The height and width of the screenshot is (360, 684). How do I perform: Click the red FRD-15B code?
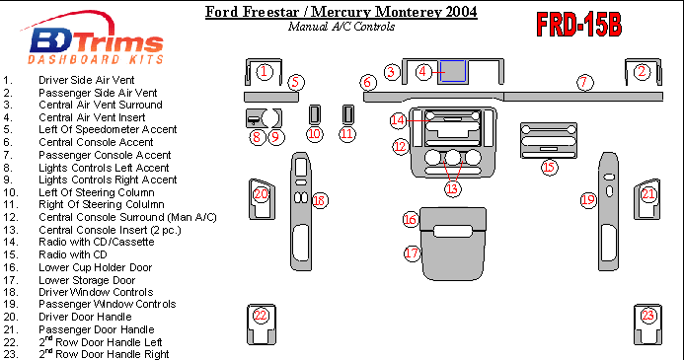(578, 25)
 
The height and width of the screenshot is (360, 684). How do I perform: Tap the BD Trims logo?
(95, 38)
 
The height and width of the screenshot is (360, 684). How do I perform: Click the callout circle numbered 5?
(296, 82)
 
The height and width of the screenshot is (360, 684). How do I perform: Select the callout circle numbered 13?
(452, 188)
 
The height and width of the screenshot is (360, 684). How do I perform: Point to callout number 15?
(549, 167)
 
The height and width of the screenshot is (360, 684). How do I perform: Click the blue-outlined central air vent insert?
(452, 71)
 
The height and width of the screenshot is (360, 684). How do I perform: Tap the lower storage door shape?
(453, 254)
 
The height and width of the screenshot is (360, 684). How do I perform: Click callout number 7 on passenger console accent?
(584, 83)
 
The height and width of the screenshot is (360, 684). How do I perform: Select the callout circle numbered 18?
(320, 200)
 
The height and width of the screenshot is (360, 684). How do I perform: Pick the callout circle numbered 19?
(588, 200)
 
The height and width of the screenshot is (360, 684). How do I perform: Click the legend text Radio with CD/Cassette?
(97, 242)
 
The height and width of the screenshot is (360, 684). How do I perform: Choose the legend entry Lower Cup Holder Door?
(95, 267)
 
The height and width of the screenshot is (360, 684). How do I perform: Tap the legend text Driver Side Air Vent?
(87, 80)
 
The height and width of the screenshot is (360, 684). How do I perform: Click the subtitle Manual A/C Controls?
(342, 27)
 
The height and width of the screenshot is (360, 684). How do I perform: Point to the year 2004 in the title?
(461, 12)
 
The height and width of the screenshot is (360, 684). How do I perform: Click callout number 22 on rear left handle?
(260, 315)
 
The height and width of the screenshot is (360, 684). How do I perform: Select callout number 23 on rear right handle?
(647, 315)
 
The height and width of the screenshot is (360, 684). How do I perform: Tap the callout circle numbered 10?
(314, 134)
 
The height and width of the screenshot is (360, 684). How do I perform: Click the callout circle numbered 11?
(346, 134)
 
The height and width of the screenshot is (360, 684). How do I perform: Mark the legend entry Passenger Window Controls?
(108, 304)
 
